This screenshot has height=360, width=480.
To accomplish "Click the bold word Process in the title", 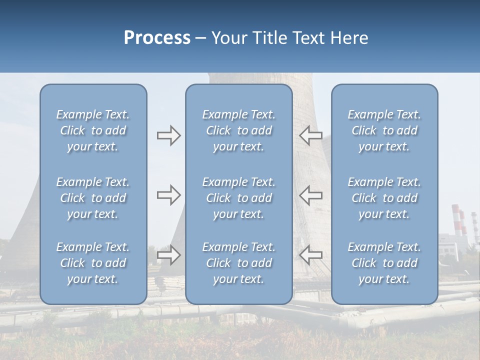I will coord(157,38).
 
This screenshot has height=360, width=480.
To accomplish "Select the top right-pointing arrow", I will coord(168,135).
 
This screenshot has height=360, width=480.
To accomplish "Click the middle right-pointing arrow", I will coord(168,195).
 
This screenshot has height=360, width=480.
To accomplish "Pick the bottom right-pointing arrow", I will coord(168,255).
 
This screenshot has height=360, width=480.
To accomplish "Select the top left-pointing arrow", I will coord(310,135).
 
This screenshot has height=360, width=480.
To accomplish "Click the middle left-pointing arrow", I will coord(310,195).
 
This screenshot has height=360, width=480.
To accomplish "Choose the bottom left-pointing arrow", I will coord(310,255).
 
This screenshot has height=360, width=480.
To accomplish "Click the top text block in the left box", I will coord(93,130).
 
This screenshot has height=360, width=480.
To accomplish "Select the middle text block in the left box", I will coord(93,198).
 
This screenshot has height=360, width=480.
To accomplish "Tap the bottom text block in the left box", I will coord(93,263).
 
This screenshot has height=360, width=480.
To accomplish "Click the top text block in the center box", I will coord(238,130).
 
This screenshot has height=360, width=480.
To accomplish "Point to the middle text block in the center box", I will coord(238,198).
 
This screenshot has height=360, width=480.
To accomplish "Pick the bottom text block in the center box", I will coord(238,263).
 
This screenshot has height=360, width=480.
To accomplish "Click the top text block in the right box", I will coord(384,130).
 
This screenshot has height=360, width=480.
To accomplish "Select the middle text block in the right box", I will coord(384,198).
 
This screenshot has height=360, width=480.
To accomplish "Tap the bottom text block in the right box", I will coord(384,263).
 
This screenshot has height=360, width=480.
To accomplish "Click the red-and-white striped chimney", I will coord(456,220).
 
